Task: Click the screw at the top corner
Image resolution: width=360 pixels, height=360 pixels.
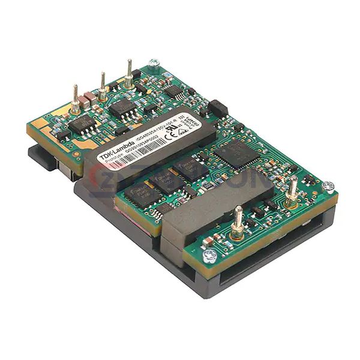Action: pos(154,62)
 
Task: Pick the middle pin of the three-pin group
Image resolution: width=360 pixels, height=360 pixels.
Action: pos(103,85)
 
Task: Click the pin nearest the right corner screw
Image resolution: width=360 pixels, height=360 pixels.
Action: pos(292,187)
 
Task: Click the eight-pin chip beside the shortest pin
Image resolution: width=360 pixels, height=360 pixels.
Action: pos(83,124)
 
